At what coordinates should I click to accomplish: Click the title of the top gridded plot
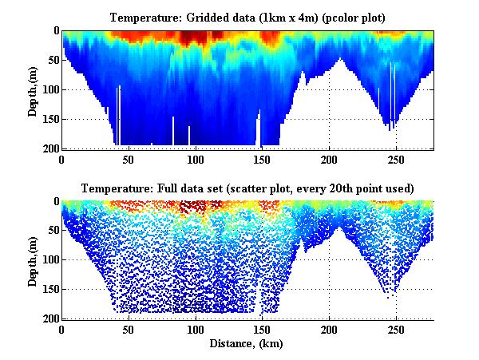click(x=248, y=17)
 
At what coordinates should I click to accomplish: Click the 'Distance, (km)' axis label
click(x=248, y=344)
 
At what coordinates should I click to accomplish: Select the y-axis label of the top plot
click(x=33, y=89)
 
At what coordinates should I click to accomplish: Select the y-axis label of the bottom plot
click(x=33, y=260)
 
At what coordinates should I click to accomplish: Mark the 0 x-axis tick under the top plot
click(x=62, y=158)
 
